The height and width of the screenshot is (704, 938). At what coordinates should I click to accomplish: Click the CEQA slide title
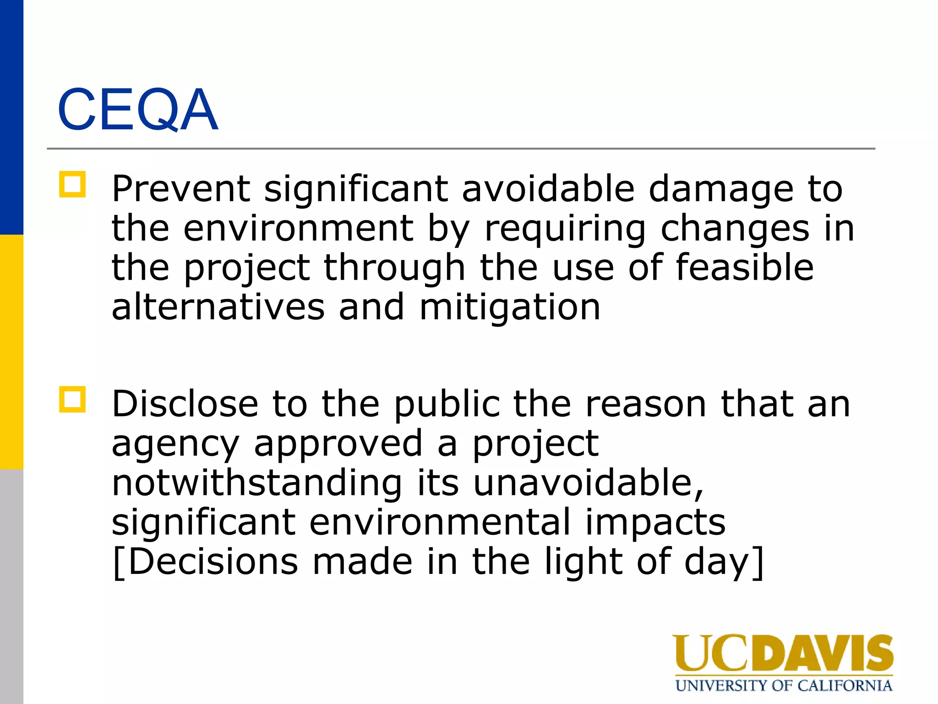[137, 110]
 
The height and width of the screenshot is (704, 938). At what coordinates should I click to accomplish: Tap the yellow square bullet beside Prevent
[72, 185]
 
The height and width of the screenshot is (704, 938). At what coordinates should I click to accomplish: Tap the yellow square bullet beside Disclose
[72, 400]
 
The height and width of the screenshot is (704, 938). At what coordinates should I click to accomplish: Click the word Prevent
[181, 189]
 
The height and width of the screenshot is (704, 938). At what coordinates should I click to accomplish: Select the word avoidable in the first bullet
[548, 189]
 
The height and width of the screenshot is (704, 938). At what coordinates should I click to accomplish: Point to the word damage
[721, 190]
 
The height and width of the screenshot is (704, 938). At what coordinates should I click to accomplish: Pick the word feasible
[745, 268]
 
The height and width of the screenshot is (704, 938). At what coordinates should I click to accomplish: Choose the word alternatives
[218, 307]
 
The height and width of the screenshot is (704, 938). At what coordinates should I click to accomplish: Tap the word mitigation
[509, 308]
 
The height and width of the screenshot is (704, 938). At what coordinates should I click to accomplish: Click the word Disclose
[185, 404]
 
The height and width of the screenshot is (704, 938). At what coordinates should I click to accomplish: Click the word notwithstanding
[256, 483]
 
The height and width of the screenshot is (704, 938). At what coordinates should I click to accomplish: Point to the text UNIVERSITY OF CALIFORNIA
[783, 686]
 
